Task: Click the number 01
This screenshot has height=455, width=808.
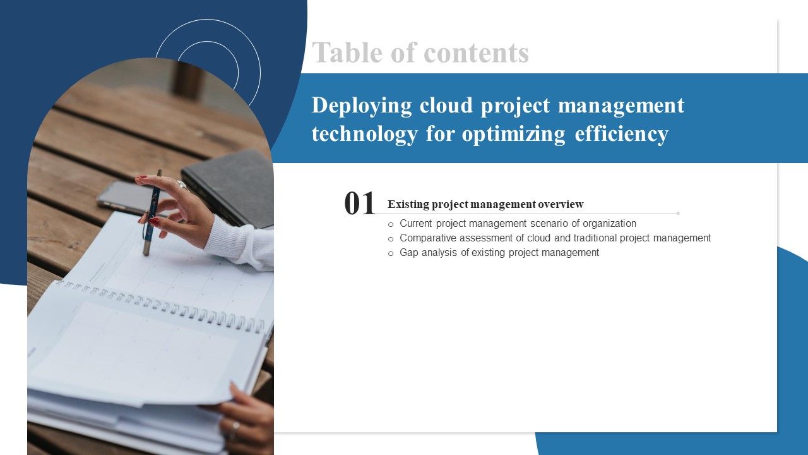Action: (360, 204)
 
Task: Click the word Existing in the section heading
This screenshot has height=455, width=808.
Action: (408, 204)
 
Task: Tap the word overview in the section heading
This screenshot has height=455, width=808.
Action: (561, 204)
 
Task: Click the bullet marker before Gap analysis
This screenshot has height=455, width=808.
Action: (391, 253)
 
